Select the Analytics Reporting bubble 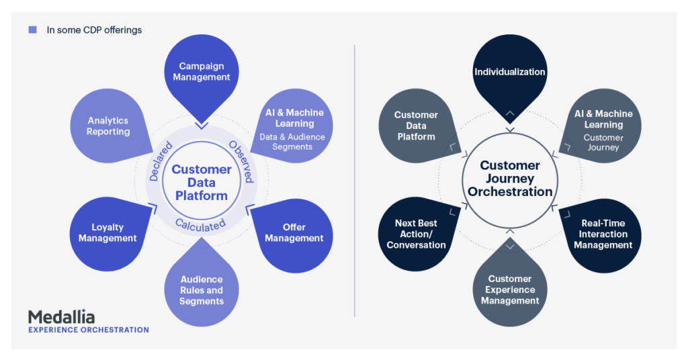[x=107, y=126]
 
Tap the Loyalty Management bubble [x=107, y=232]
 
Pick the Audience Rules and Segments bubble [x=202, y=290]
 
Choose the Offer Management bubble [x=294, y=232]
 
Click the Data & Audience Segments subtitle [x=292, y=142]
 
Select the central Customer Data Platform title [x=201, y=183]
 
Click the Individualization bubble [x=510, y=72]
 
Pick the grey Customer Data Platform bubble [x=415, y=126]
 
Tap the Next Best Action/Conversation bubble [x=416, y=234]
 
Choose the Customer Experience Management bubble [x=510, y=289]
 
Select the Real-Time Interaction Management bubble [x=603, y=234]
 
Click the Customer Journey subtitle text [x=603, y=142]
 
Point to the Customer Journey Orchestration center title [x=510, y=179]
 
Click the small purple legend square [x=32, y=30]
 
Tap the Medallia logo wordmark [x=61, y=316]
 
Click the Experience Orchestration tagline [x=88, y=330]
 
